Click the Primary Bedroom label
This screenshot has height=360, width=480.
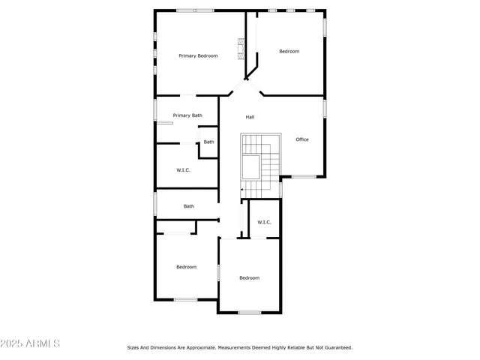coord(198,55)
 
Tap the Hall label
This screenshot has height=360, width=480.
coord(250,117)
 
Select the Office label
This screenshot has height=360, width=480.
coord(302,139)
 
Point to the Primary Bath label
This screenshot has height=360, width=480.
coord(187,115)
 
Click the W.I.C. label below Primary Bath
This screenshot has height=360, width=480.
coord(184,170)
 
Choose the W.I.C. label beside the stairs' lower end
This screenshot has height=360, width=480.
coord(265,222)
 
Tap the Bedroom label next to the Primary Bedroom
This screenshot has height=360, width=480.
coord(289,51)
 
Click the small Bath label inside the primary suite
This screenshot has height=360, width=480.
coord(208,142)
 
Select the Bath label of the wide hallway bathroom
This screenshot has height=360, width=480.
coord(189,206)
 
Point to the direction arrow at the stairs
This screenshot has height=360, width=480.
coord(243,190)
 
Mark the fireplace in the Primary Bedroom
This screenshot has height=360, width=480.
coord(241,50)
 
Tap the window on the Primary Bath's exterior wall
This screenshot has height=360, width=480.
coord(155,109)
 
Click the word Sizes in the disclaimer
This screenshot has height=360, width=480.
coord(133,347)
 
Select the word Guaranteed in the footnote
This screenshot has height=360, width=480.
coord(337,347)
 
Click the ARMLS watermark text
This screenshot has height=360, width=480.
coord(43,343)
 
